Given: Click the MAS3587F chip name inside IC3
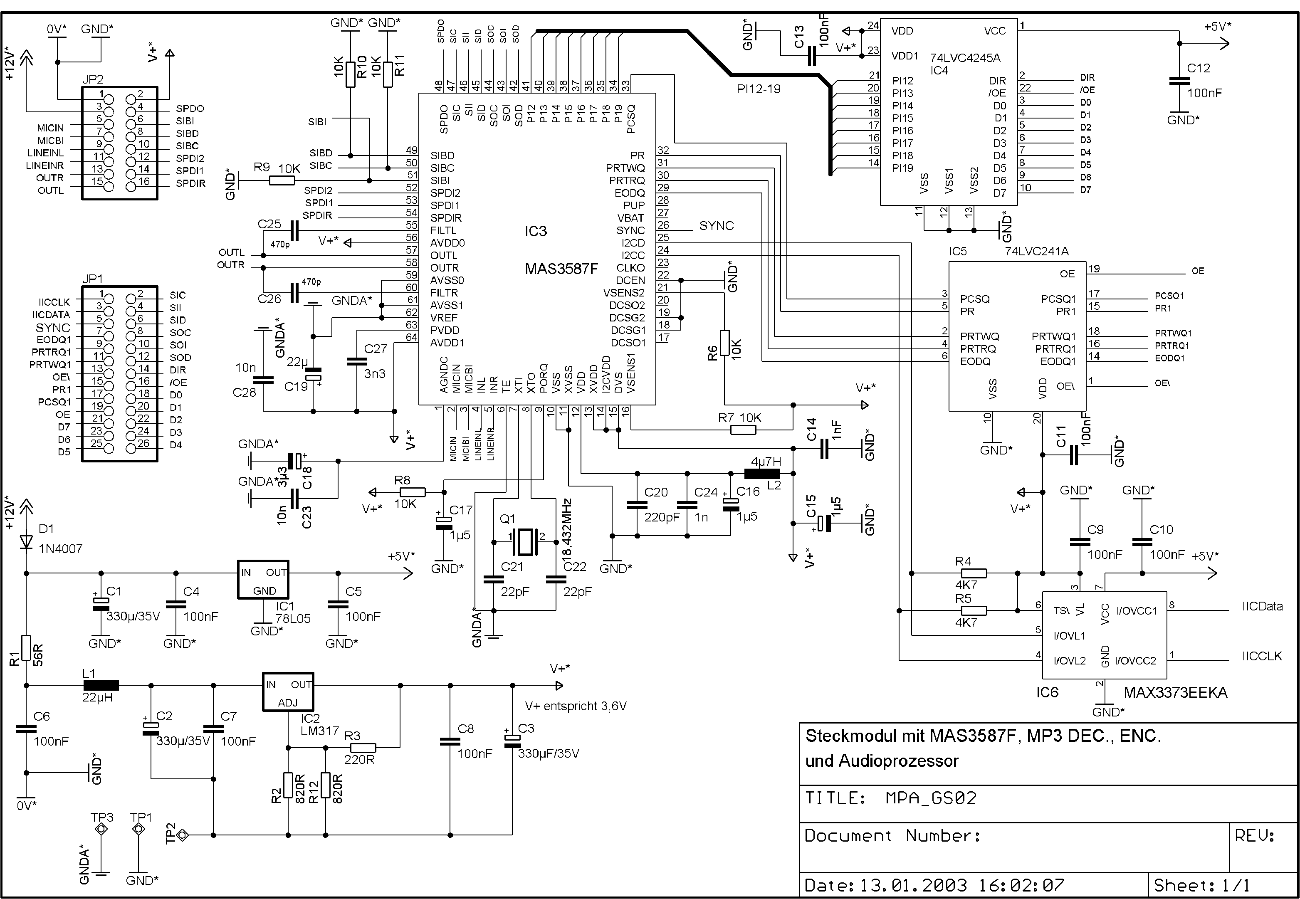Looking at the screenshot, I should (561, 269).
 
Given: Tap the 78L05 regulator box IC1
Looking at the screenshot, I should (263, 580).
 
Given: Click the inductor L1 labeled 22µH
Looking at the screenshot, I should (101, 686).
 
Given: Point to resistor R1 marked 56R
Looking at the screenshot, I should (27, 648).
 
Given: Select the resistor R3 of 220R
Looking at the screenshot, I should (363, 748).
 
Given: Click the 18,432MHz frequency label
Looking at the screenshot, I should (567, 527).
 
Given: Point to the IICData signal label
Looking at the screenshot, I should (1262, 607).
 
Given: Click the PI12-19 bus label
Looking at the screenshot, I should (758, 89).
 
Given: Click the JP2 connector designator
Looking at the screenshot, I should (93, 79).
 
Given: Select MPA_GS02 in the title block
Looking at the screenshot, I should (931, 798).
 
